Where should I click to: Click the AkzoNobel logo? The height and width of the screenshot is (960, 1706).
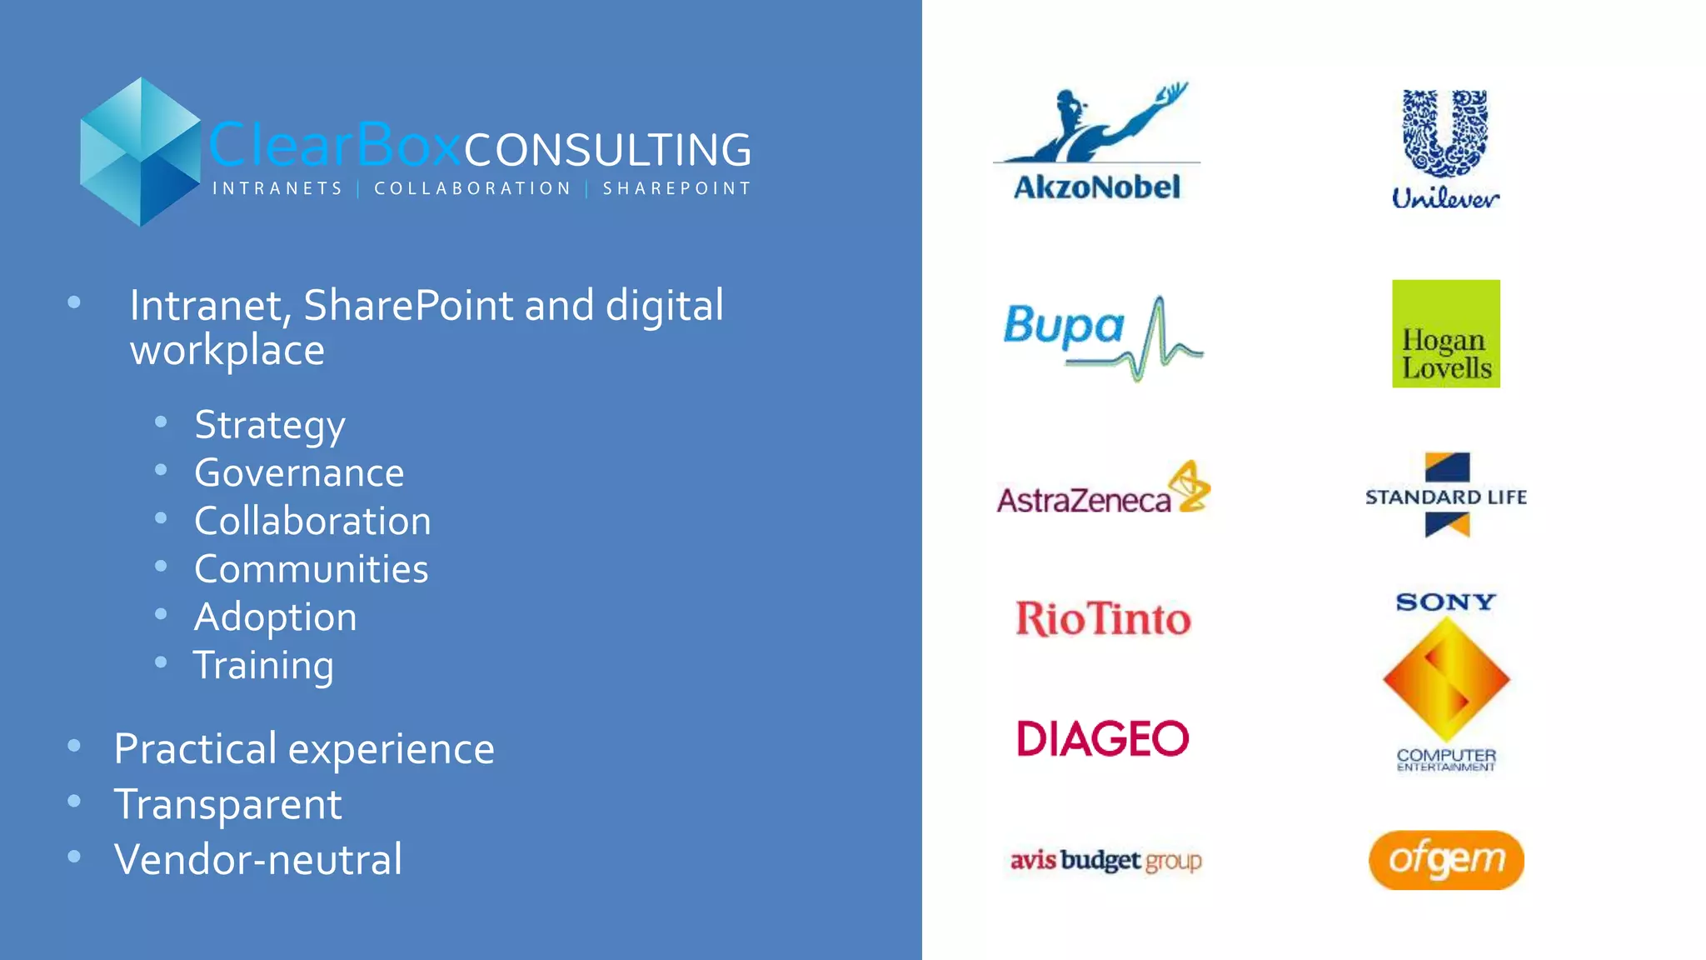coord(1096,142)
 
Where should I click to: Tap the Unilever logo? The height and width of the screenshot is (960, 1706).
coord(1445,148)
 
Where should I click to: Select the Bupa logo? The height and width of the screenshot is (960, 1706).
coord(1102,336)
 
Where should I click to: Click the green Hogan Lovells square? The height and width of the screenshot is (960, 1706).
coord(1445,333)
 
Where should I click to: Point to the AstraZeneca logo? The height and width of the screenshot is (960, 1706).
coord(1102,489)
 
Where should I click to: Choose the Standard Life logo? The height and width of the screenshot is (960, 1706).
coord(1445,496)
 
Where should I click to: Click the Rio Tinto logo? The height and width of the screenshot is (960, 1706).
coord(1103,619)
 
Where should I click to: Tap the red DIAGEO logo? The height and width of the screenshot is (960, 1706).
coord(1103,738)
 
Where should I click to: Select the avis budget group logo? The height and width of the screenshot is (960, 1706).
coord(1105,860)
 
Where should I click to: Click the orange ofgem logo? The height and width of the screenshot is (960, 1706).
coord(1445,860)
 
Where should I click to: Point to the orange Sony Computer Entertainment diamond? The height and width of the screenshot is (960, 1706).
coord(1445,679)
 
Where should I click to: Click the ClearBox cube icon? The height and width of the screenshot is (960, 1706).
coord(140,152)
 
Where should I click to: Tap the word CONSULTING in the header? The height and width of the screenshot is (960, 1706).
coord(607,150)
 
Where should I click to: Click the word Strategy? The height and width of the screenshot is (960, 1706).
coord(270,425)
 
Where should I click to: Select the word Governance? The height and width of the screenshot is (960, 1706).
coord(299,473)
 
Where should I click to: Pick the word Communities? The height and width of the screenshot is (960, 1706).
coord(311,569)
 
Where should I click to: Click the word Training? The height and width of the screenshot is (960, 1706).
coord(263,666)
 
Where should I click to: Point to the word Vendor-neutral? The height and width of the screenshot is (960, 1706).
coord(258,859)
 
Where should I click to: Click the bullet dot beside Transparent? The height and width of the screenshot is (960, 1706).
coord(74,802)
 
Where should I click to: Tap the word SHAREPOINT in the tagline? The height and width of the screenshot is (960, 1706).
coord(676,189)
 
